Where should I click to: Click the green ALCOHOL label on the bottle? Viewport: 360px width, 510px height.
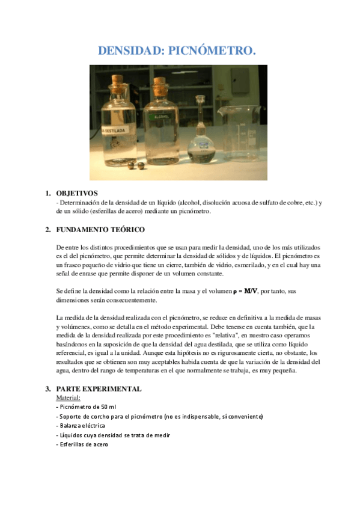click(162, 117)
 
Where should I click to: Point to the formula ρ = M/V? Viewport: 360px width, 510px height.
click(246, 291)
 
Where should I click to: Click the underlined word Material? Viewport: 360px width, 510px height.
click(68, 398)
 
